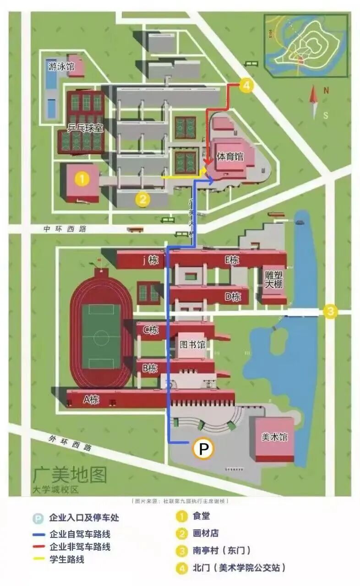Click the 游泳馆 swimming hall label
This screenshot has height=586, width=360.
coord(61,66)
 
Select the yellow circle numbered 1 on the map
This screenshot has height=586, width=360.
coord(82,179)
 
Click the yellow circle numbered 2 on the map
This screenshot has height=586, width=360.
coord(143,199)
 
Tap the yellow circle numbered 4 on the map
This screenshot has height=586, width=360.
coord(246,85)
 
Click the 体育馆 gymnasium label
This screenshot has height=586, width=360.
coord(230,157)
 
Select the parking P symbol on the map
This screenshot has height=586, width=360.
coord(202,449)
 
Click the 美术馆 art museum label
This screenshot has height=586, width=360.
coord(275,437)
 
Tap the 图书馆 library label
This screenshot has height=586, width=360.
coord(192,345)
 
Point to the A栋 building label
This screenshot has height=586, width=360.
coord(91,399)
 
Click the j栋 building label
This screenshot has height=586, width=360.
coord(150,260)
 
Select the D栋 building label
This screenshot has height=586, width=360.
coord(233,296)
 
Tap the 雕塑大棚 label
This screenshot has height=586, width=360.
coord(274,280)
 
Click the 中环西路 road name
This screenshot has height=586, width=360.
coord(65,229)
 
